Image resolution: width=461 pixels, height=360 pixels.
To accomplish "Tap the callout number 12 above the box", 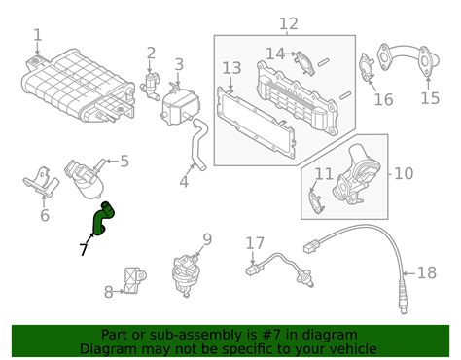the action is pos(289,23).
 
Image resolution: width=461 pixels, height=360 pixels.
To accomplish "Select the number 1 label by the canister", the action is pos(38,35).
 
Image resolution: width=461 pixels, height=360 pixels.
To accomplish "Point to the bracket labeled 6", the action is pos(41,183).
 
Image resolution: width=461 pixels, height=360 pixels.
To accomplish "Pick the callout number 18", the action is pos(427,273).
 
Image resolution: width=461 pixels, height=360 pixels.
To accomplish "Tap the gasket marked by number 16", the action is pos(367,67).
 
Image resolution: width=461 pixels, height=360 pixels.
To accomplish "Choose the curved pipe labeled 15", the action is pos(408,57).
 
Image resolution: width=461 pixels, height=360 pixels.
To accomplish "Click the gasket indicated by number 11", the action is pos(314,202).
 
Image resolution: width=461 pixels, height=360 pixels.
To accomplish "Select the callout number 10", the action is pos(404,174).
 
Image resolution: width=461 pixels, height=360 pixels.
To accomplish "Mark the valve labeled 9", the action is pos(186,274).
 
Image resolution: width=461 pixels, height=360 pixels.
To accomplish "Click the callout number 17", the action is pos(255,243).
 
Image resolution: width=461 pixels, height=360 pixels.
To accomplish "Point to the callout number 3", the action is pos(179,64).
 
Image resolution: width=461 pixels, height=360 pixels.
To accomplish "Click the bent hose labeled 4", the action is pos(198,144).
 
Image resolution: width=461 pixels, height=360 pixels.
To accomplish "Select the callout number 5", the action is pos(124,162).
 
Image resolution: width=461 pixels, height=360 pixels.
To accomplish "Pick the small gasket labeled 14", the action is pos(304,62).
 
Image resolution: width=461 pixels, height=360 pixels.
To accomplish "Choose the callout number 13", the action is pos(231,68).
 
